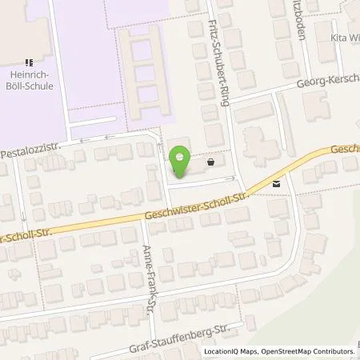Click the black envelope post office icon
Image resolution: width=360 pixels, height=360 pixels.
point(276,183)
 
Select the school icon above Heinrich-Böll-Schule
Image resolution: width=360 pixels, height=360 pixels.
point(29,62)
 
